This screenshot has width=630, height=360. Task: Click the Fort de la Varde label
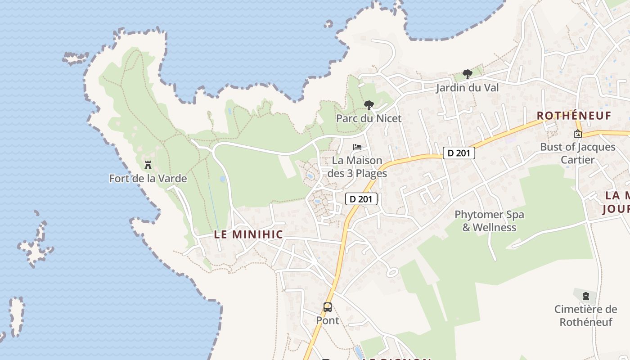point(148,179)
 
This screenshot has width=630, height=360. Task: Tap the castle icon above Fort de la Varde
point(148,165)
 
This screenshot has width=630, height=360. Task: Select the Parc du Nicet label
point(369,118)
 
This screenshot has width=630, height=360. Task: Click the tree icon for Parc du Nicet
point(369,105)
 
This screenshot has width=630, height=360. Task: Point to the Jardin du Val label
point(467,87)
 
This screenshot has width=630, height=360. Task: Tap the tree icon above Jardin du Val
point(468,74)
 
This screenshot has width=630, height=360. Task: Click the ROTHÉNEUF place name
point(574,116)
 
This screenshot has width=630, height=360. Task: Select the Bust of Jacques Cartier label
point(578,153)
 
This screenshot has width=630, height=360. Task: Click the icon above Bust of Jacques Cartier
point(578,134)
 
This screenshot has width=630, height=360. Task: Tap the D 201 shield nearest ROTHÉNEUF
point(459,153)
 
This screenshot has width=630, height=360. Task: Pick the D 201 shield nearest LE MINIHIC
point(361,198)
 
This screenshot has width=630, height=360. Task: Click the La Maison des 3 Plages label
point(357,166)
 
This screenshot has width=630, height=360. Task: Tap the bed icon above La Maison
point(357,147)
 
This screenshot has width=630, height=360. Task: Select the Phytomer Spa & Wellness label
point(489,220)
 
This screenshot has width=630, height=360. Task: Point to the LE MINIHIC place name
point(248,234)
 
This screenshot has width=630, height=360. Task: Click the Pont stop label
point(328,320)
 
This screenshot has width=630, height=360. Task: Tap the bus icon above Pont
point(328,307)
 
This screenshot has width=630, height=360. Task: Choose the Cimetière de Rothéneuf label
point(585,315)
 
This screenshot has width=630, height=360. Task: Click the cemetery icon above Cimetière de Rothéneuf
point(585,296)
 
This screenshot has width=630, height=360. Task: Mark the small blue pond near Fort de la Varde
point(223,179)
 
